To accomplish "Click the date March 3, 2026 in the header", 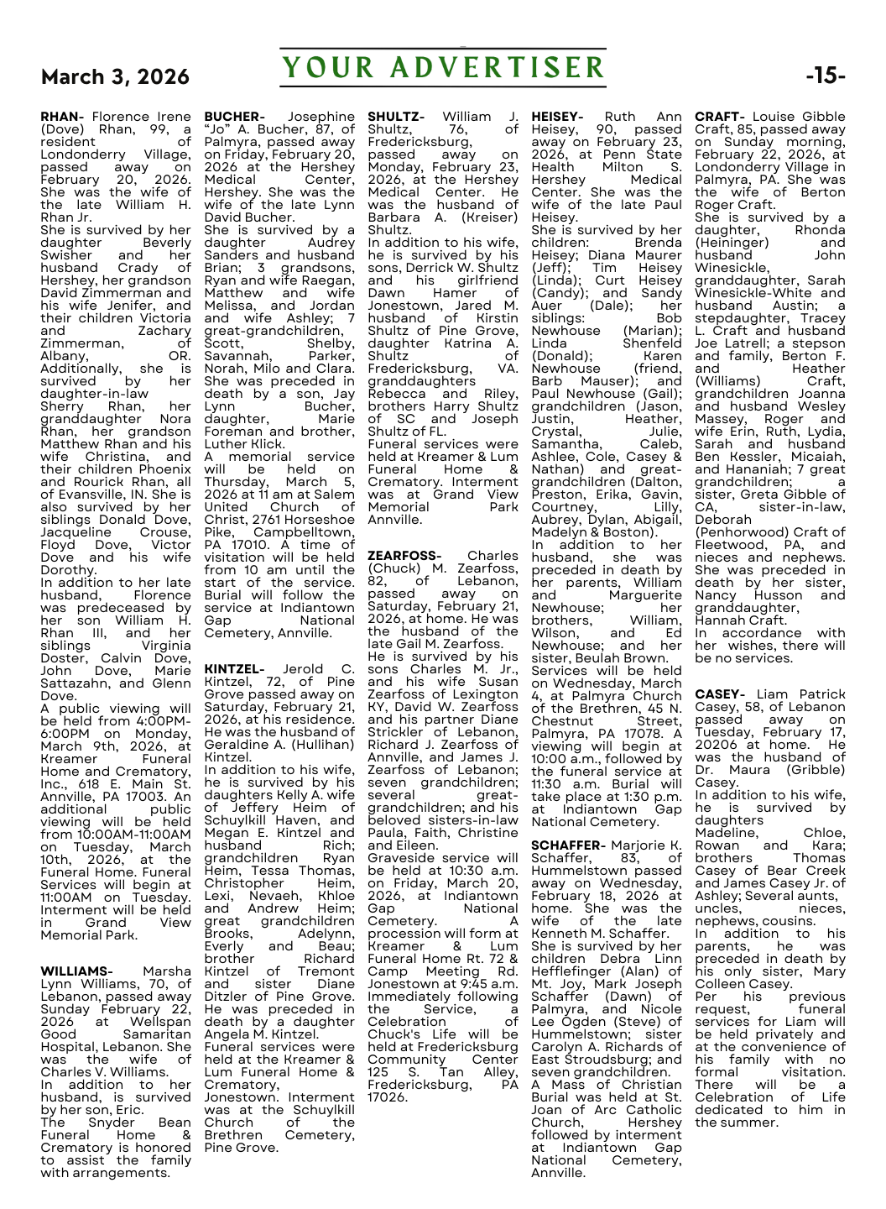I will click(x=115, y=77).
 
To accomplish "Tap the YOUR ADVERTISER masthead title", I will click(x=443, y=68).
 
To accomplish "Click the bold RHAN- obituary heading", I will click(x=62, y=117).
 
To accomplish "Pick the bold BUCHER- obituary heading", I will click(x=234, y=117).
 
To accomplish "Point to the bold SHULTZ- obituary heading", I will click(x=396, y=117).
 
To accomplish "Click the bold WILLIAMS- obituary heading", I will click(x=76, y=971).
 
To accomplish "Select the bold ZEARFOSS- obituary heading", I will click(x=404, y=556).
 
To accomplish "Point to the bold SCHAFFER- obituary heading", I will click(x=568, y=845).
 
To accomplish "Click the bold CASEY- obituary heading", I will click(x=720, y=694).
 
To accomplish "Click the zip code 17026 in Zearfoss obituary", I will click(x=388, y=1097).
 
